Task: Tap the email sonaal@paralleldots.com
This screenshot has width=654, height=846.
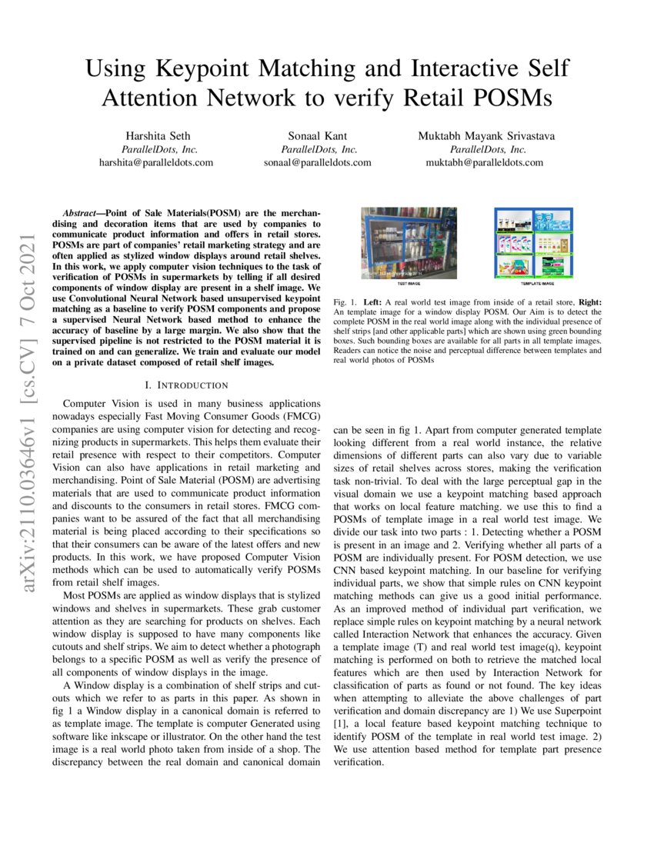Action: coord(318,163)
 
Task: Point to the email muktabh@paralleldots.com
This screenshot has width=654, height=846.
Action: coord(484,163)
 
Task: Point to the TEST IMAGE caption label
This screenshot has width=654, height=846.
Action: coord(409,283)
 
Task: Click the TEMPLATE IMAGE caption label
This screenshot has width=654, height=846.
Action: coord(532,283)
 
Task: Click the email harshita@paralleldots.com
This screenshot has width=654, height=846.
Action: coord(156,163)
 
